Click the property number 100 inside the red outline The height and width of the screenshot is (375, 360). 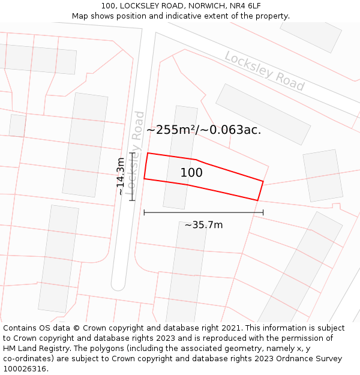(191, 173)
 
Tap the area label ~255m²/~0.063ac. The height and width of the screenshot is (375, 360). (204, 130)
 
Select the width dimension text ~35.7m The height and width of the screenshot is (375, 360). (203, 225)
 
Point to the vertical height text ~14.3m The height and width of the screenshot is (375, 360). (121, 176)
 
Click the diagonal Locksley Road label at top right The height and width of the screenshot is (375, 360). (264, 71)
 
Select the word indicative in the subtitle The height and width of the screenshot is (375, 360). (202, 16)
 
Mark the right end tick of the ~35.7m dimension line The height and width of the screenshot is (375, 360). (263, 212)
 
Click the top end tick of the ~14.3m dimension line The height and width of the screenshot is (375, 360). (132, 153)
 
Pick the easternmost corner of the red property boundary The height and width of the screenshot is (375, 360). (263, 181)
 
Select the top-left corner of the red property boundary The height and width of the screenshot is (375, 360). (148, 153)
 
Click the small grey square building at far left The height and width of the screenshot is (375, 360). (17, 125)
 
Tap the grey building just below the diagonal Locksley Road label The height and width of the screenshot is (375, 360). (263, 113)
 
